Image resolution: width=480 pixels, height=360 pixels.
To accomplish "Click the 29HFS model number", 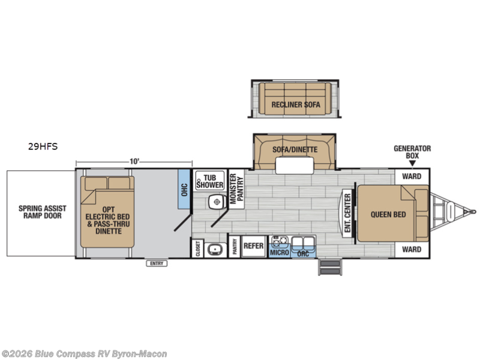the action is (x=43, y=146).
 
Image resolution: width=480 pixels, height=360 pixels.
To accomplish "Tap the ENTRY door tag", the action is (x=157, y=263).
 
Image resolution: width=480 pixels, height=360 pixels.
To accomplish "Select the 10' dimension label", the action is (x=134, y=161).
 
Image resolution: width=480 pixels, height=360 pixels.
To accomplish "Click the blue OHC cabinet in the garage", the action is (x=184, y=190).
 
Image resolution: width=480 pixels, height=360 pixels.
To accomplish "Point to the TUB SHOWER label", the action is (x=210, y=181).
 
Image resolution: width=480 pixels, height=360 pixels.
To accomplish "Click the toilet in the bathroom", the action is (x=217, y=202).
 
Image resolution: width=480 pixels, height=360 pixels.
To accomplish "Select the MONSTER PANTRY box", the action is (x=236, y=189).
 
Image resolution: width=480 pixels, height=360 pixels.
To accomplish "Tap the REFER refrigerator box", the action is (x=253, y=246).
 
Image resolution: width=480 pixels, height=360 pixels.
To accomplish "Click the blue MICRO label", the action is (x=280, y=253).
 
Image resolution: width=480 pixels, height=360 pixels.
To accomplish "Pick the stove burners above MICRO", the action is (x=280, y=241).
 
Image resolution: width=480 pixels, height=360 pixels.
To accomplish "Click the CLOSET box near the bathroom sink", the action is (x=198, y=248).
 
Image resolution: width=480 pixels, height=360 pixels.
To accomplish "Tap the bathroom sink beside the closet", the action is (x=215, y=250).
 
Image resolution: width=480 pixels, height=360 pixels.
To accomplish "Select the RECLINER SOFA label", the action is (x=296, y=104).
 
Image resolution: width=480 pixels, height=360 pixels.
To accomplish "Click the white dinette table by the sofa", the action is (x=295, y=166).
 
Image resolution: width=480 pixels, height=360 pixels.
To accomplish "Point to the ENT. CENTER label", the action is (x=347, y=213).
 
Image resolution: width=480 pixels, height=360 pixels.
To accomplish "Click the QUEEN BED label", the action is (x=388, y=214).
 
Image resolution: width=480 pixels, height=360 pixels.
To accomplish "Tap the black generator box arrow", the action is (x=412, y=164).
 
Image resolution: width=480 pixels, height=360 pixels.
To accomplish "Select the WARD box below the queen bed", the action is (x=412, y=250).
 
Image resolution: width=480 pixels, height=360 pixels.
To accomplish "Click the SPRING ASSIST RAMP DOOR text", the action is (x=42, y=212).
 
